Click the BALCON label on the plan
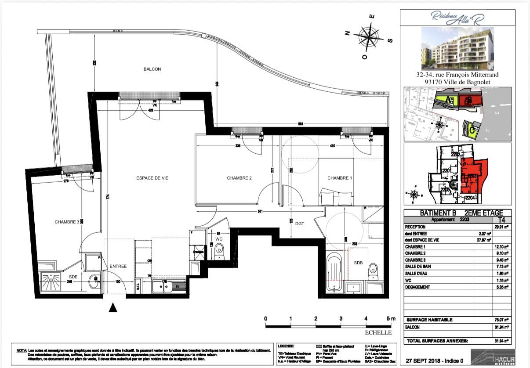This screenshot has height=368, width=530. click(x=152, y=69)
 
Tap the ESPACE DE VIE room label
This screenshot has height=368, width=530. click(x=152, y=178)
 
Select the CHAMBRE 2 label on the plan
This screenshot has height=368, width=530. click(x=239, y=178)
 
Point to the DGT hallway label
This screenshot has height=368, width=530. click(x=300, y=224)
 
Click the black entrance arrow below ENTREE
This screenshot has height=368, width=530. click(x=113, y=308)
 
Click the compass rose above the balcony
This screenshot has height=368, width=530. click(x=368, y=36)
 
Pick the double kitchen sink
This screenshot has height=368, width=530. click(x=161, y=287)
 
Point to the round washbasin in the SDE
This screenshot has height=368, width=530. click(x=94, y=281)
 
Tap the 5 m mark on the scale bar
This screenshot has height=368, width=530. click(x=390, y=318)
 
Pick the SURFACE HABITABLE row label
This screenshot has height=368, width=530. click(x=429, y=320)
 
